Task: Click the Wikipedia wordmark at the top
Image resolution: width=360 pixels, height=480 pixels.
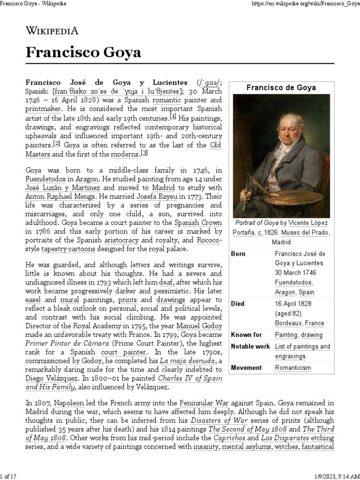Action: coord(52,31)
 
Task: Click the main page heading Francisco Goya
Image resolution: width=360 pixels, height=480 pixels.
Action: coord(83,52)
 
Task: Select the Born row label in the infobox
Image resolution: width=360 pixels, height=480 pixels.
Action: coord(238,254)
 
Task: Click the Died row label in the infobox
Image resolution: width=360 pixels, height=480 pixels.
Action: coord(238,303)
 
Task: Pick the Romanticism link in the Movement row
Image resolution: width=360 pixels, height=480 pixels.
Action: coord(292,367)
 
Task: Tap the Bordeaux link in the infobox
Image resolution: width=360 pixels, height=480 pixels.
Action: coord(288,323)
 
